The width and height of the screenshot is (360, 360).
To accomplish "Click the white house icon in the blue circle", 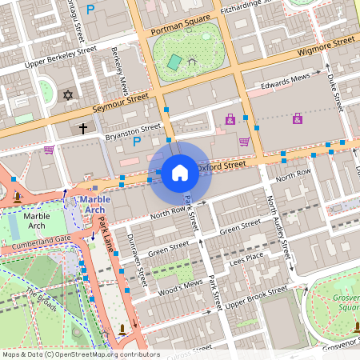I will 179,172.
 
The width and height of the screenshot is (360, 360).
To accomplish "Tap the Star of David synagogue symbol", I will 68,96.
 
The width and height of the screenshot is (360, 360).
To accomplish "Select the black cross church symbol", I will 82,128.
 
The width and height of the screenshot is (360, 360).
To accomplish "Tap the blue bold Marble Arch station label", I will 90,204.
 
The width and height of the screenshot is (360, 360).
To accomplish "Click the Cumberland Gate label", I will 49,238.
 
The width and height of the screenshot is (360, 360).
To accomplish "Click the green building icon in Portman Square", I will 174,62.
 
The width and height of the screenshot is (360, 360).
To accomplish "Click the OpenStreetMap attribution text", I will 80,354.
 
